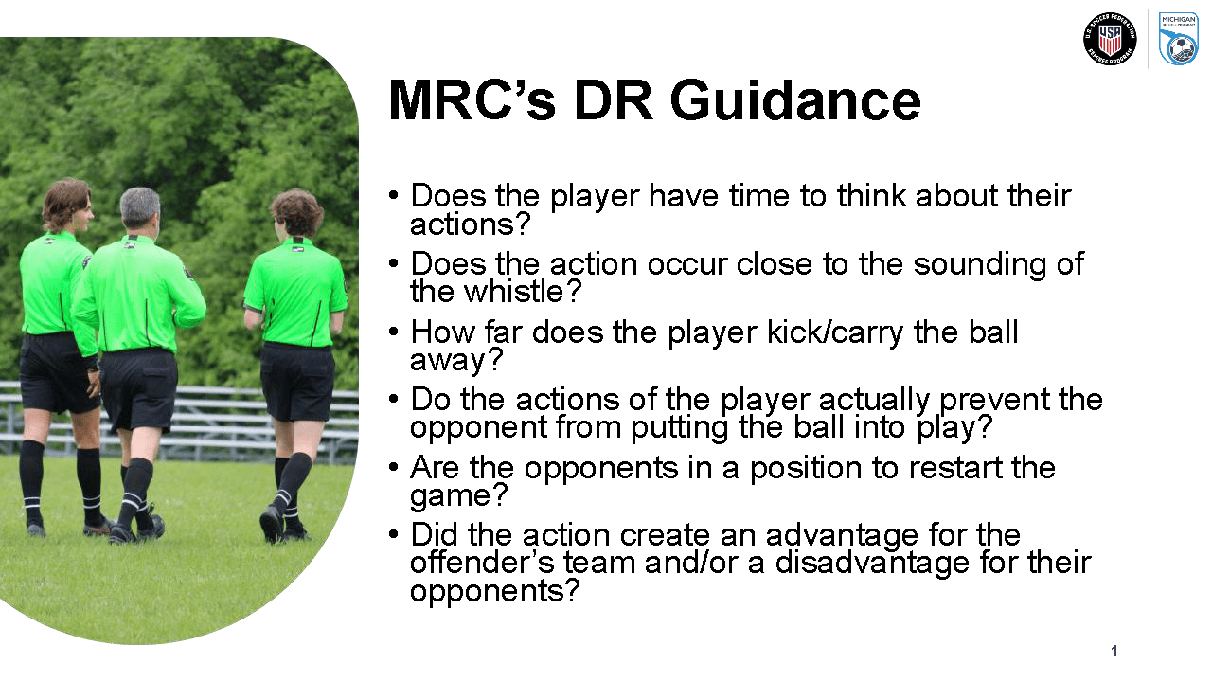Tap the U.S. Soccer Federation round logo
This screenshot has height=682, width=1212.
(1109, 39)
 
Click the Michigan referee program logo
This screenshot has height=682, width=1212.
(1179, 39)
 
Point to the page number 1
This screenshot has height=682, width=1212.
(1114, 651)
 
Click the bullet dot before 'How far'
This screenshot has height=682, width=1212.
(394, 332)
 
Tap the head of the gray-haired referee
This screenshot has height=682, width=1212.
(139, 208)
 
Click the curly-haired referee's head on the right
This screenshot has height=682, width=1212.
(296, 212)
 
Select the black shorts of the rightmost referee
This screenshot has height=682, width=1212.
(296, 381)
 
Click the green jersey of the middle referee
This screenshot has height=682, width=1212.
(137, 294)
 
